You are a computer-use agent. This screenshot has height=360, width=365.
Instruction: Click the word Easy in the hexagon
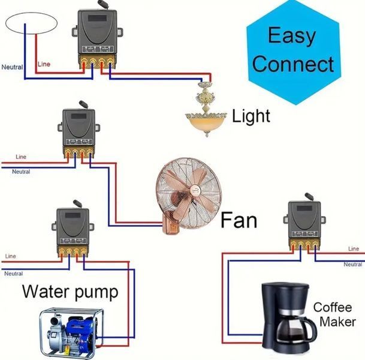pos(292,35)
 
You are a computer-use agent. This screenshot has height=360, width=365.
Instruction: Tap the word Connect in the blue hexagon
pos(293,64)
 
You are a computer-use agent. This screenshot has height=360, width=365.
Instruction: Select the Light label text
pos(251,116)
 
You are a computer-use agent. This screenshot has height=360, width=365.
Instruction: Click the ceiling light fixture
pos(206,110)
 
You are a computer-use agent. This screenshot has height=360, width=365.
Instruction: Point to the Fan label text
pos(239,220)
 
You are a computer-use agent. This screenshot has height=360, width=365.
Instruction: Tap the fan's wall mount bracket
pos(171,224)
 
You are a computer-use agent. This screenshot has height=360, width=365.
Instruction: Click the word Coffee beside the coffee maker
pos(332,307)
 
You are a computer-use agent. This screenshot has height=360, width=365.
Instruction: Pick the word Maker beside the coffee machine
pos(337,322)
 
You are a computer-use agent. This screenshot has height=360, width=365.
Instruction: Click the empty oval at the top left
pos(31,13)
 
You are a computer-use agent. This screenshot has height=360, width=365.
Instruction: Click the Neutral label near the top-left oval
pos(12,67)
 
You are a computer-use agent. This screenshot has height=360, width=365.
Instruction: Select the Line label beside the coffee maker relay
pos(354,249)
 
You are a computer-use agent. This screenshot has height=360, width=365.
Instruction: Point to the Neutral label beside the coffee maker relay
pos(353,265)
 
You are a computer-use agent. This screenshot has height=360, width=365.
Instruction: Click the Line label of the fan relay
pos(21,157)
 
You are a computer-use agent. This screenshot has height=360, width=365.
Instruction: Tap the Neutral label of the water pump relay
pos(14,274)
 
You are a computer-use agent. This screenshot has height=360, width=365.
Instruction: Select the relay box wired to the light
pos(97,35)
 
